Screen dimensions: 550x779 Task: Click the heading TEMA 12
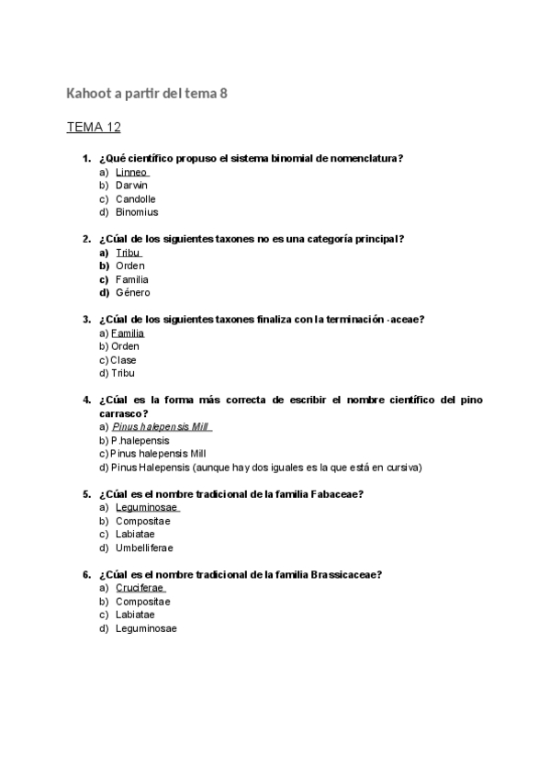click(94, 127)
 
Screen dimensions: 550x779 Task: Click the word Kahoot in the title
click(87, 94)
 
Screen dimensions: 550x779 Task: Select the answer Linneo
click(131, 172)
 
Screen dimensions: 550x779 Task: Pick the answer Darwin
click(131, 186)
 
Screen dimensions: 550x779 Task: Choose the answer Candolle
click(135, 198)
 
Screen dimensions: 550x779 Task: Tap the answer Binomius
click(137, 212)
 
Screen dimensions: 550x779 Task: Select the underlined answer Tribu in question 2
click(128, 253)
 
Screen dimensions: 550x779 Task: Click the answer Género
click(132, 293)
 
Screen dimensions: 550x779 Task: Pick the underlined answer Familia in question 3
click(127, 333)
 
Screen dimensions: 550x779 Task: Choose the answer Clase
click(123, 360)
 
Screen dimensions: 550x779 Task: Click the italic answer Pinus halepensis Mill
click(160, 427)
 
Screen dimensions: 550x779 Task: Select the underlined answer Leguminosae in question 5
click(146, 508)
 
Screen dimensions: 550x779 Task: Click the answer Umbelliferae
click(144, 548)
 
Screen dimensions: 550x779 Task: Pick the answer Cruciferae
click(140, 588)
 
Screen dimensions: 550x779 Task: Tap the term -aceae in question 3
click(404, 320)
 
